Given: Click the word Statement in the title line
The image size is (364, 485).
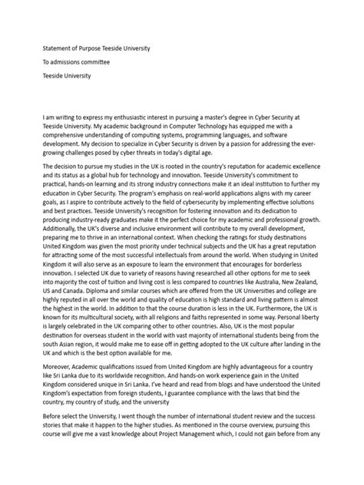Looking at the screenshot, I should pyautogui.click(x=59, y=48).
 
